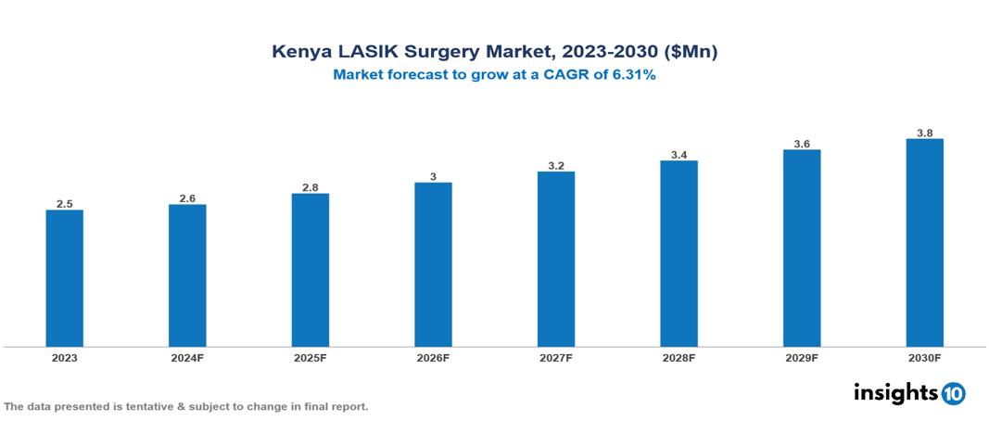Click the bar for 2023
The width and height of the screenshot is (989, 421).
65,278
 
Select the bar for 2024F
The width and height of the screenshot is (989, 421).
187,275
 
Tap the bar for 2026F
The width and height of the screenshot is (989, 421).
433,264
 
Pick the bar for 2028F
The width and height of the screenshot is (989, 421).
678,253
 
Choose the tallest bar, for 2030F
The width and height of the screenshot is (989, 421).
924,243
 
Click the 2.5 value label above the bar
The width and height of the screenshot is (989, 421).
65,203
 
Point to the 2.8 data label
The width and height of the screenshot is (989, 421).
311,187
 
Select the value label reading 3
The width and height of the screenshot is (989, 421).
433,176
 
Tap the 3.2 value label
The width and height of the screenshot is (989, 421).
556,166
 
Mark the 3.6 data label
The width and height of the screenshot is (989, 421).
802,144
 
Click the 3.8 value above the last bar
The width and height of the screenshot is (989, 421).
924,133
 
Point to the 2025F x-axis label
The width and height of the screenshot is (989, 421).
311,358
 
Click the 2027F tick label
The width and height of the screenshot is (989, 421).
556,358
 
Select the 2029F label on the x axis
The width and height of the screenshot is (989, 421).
802,358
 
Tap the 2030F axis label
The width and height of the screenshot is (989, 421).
924,358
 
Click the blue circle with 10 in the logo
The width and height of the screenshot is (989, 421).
953,393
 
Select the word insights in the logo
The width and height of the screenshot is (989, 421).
895,392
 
